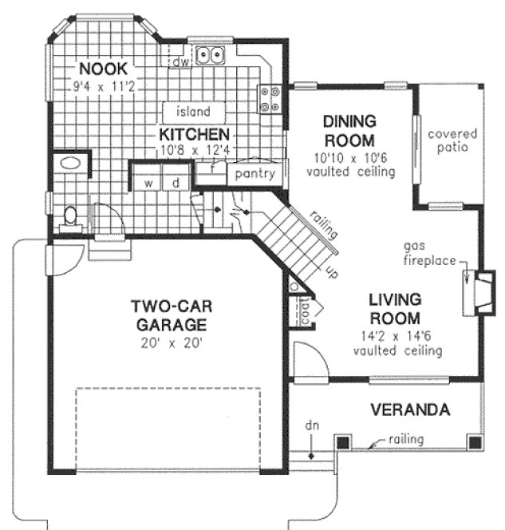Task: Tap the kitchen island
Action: coord(195,112)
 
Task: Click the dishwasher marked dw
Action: coord(181,58)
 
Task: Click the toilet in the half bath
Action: coord(70,216)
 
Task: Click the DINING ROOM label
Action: coord(349,131)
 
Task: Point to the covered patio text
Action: coord(452,140)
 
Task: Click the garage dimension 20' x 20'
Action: coord(171,345)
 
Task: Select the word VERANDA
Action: coord(411,410)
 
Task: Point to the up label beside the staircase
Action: coord(330,272)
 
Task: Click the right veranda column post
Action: coord(474,441)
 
